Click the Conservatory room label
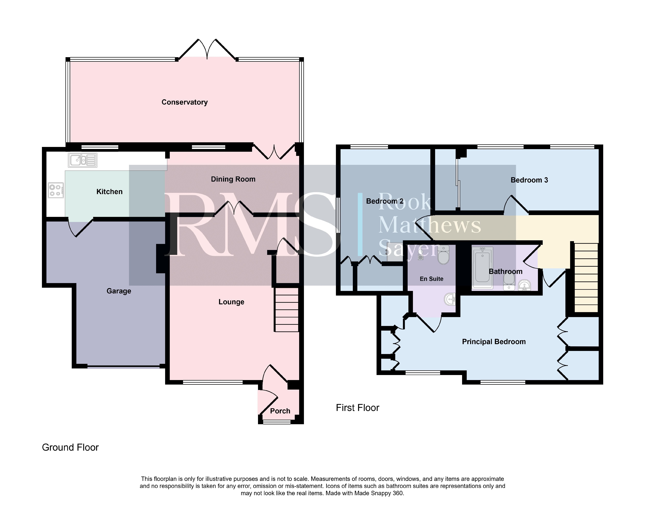tap(185, 102)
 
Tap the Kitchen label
tap(110, 192)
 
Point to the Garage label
tap(119, 291)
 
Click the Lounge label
tap(231, 302)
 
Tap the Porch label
tap(280, 411)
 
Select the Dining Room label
tap(233, 179)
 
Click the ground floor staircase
tap(286, 310)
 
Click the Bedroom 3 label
tap(529, 180)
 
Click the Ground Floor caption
tap(70, 447)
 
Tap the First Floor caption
tap(357, 408)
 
